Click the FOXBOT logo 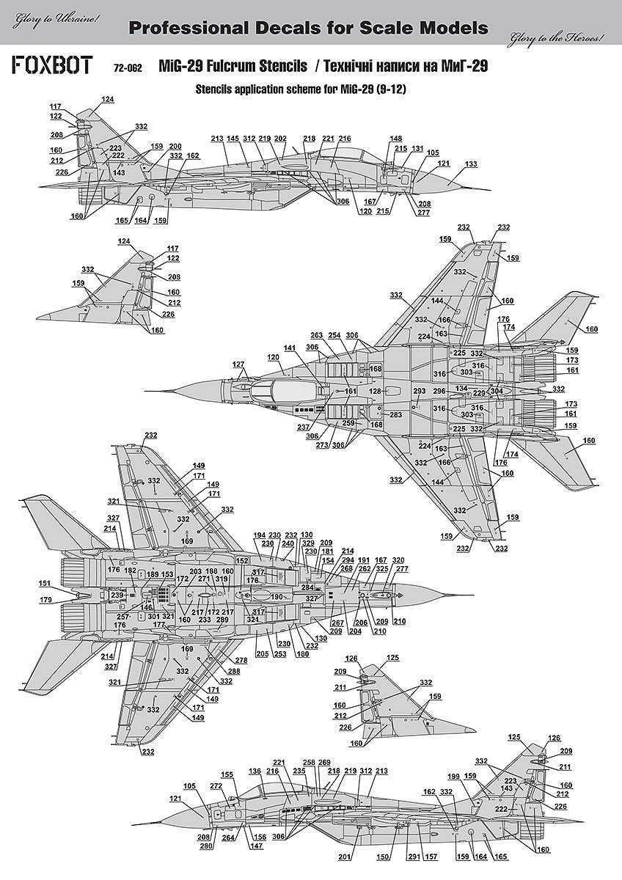pos(51,65)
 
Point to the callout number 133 pos(470,164)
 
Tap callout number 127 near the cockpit pos(238,364)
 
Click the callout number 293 pos(419,392)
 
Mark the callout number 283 pos(395,415)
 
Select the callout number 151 pos(45,584)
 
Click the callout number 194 pos(258,535)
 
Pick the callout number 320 pos(398,560)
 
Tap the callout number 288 pos(233,671)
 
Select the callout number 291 pos(414,857)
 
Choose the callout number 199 pos(453,776)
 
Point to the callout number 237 pos(302,428)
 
